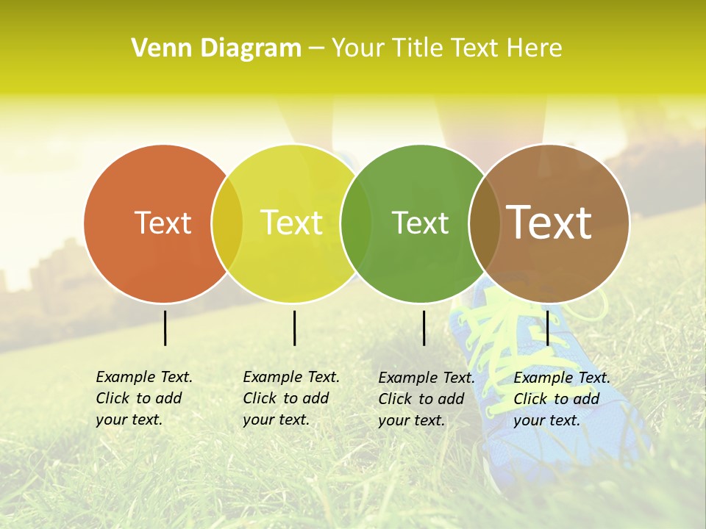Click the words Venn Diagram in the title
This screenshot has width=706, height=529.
pyautogui.click(x=216, y=48)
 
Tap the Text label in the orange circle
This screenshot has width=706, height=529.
pyautogui.click(x=163, y=223)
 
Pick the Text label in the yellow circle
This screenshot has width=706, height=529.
pyautogui.click(x=291, y=223)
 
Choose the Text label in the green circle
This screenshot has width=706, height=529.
pyautogui.click(x=420, y=223)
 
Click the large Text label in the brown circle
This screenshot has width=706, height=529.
pyautogui.click(x=549, y=223)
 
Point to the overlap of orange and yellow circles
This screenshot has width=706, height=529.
pyautogui.click(x=227, y=223)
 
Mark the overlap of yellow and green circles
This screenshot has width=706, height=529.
pyautogui.click(x=356, y=223)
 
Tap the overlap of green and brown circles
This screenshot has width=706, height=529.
pyautogui.click(x=484, y=223)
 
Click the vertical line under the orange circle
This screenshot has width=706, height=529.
pyautogui.click(x=165, y=328)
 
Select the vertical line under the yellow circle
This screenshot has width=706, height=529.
pyautogui.click(x=294, y=328)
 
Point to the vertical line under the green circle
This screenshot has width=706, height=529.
pyautogui.click(x=424, y=328)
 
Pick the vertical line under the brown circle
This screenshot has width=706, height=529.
pyautogui.click(x=548, y=328)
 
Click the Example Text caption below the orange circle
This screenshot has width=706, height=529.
pyautogui.click(x=144, y=398)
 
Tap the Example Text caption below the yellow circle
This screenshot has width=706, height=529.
pyautogui.click(x=291, y=398)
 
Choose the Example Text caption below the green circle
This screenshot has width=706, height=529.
pyautogui.click(x=427, y=399)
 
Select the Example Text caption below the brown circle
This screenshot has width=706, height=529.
pyautogui.click(x=562, y=399)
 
